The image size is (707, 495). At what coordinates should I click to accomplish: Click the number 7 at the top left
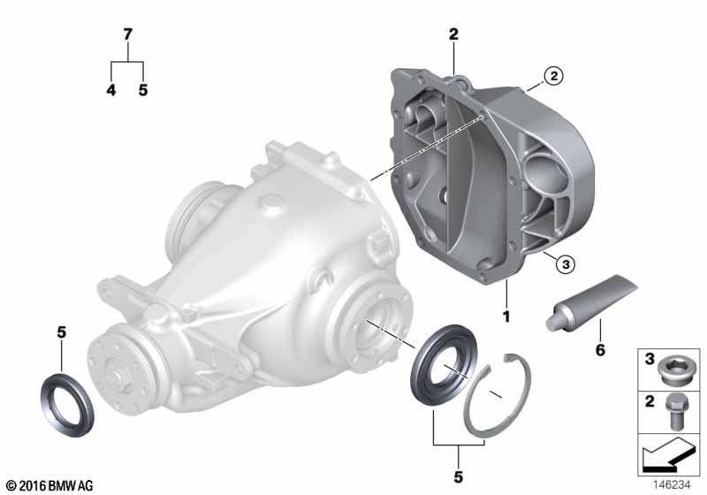(x=127, y=34)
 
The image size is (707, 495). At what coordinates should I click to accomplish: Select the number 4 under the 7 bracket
(x=111, y=89)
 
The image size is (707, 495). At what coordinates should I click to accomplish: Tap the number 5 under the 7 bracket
(x=143, y=89)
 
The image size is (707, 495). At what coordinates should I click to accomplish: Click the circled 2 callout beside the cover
(x=554, y=76)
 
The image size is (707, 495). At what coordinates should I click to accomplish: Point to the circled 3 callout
(x=566, y=264)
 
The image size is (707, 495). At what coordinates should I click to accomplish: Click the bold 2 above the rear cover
(x=453, y=34)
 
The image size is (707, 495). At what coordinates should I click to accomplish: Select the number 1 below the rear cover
(x=506, y=316)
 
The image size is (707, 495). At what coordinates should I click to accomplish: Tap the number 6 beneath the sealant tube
(x=600, y=350)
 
